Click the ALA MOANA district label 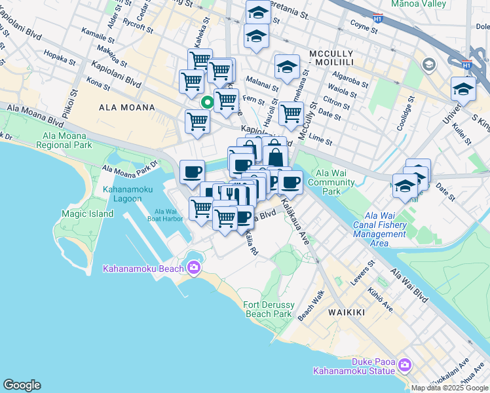click(126, 107)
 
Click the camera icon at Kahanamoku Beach click(193, 267)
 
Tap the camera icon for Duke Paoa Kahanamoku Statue click(404, 364)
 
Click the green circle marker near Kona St click(207, 102)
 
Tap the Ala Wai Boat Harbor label click(168, 215)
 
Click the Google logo click(22, 385)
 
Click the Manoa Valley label click(418, 4)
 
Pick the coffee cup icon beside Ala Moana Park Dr click(192, 172)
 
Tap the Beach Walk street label click(311, 305)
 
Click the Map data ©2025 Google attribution click(449, 388)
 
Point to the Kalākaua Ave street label click(295, 223)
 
